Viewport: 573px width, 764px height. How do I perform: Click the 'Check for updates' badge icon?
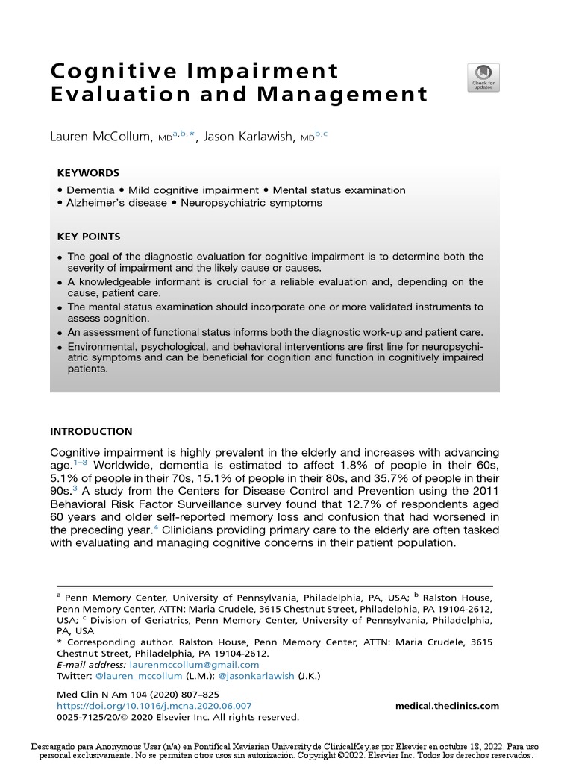[x=483, y=77]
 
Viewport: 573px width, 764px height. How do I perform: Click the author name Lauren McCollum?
[x=101, y=137]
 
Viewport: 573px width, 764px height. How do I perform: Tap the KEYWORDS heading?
[x=88, y=173]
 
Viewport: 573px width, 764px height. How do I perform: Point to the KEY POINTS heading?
[x=89, y=237]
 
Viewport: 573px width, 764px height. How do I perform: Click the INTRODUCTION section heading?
[x=91, y=431]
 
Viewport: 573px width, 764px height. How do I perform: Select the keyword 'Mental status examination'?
[x=339, y=190]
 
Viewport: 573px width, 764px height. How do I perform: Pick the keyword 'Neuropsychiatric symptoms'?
[x=257, y=203]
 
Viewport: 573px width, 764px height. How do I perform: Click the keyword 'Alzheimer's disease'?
[x=116, y=203]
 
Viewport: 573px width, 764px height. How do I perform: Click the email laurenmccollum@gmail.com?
[x=194, y=664]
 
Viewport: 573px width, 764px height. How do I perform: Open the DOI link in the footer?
[x=154, y=706]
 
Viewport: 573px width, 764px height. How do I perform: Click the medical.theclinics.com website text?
[x=447, y=706]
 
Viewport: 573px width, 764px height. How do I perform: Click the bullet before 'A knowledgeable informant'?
[x=60, y=283]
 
